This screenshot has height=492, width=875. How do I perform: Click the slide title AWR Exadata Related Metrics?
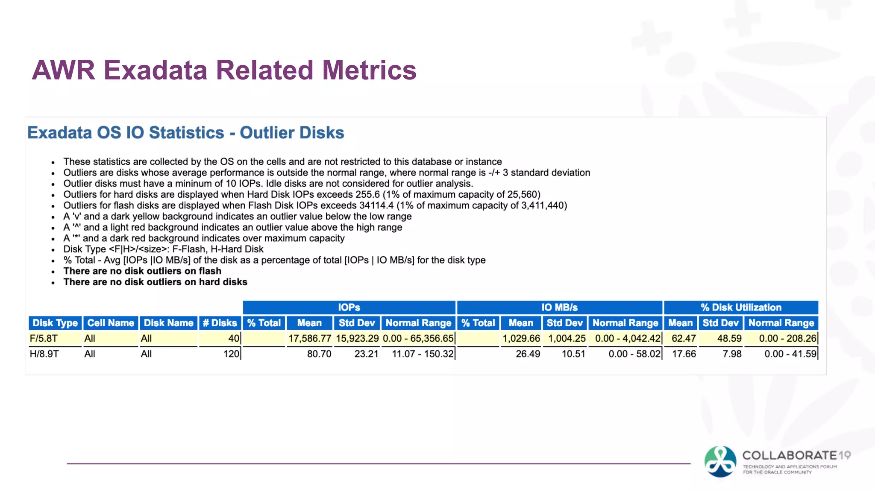click(224, 70)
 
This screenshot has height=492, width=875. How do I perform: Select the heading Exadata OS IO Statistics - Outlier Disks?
click(185, 132)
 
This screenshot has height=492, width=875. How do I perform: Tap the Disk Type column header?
click(55, 323)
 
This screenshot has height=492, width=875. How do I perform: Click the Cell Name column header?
click(111, 323)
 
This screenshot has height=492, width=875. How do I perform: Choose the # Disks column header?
click(220, 323)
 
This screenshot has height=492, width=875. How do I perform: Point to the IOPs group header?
click(349, 307)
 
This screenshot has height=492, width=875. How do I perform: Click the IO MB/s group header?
click(559, 307)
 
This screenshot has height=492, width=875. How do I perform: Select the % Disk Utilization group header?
click(741, 307)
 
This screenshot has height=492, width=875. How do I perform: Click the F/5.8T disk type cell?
click(44, 339)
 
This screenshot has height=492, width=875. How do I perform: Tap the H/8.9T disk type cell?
click(44, 354)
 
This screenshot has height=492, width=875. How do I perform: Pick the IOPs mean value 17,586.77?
click(310, 339)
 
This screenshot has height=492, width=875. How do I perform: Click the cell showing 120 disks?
click(231, 354)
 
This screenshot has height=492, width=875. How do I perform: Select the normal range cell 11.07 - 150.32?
click(423, 354)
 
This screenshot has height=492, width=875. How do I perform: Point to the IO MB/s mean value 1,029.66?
click(521, 339)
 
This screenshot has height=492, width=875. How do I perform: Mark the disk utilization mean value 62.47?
click(684, 339)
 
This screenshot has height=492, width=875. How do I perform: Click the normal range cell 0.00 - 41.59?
click(790, 354)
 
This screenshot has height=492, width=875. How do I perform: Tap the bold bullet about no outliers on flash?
click(142, 271)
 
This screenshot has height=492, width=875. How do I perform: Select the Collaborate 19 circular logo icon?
click(720, 462)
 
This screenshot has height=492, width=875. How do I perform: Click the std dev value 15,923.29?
click(357, 339)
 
